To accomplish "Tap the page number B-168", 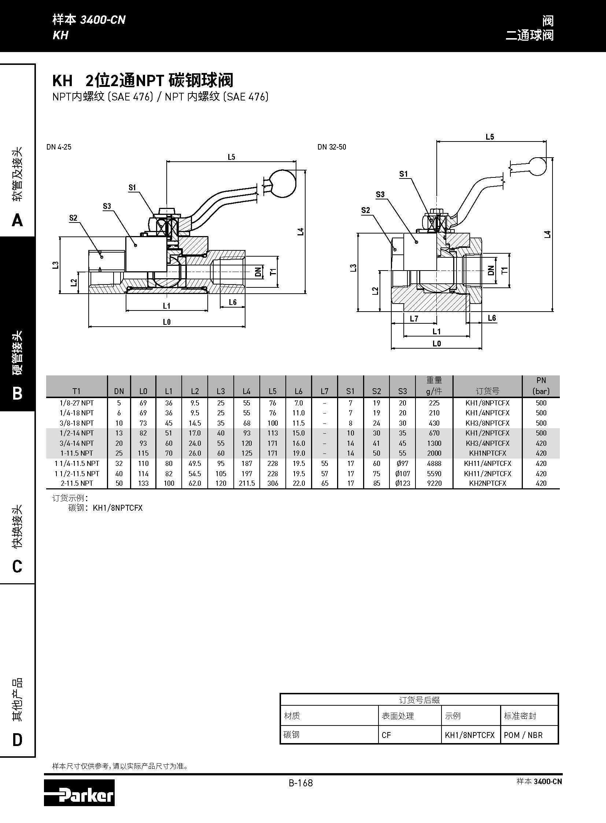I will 300,783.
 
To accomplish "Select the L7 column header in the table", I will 324,391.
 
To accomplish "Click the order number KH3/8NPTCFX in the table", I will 487,423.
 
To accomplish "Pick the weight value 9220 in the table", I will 434,483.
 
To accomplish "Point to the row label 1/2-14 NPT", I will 77,433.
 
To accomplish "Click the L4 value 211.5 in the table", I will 247,483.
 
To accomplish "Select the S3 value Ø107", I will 402,474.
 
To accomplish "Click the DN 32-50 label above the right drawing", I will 332,147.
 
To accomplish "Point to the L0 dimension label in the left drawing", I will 167,322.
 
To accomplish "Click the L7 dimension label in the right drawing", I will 414,319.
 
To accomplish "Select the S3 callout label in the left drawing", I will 107,206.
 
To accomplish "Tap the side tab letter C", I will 17,566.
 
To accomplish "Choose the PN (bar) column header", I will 541,386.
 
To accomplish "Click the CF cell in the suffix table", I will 386,735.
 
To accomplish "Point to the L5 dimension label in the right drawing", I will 490,137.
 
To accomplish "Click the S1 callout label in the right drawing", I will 403,174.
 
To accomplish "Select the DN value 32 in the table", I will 119,463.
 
